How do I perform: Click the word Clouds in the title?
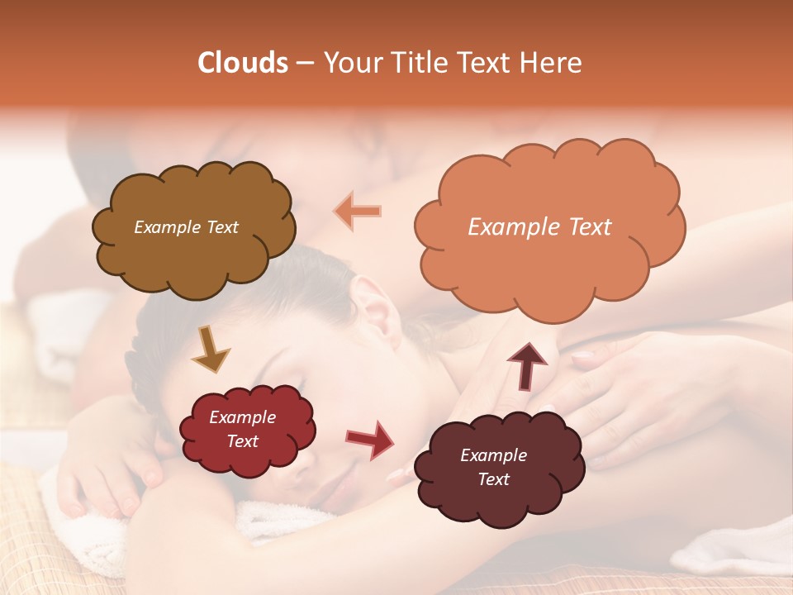pos(243,63)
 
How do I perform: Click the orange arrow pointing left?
pos(358,211)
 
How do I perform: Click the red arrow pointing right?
pos(369,440)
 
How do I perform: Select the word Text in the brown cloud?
pos(222,227)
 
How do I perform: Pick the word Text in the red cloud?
pos(242,441)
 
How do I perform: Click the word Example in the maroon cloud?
pos(493,455)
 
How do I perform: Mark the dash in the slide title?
pos(304,63)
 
